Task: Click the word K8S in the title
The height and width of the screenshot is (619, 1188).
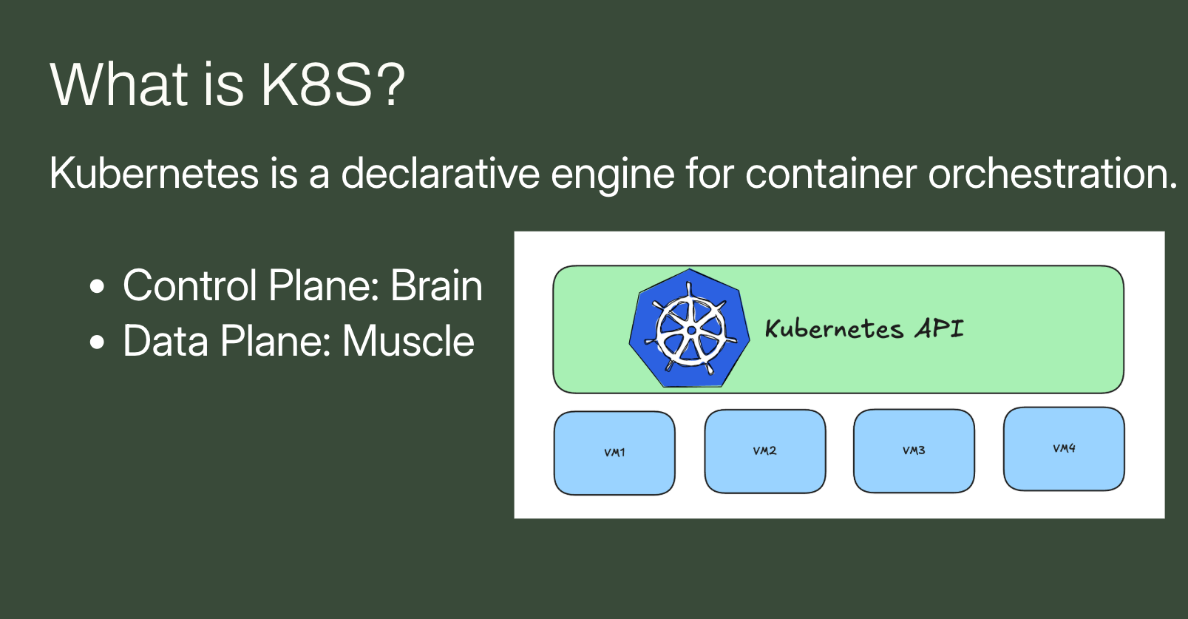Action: point(316,84)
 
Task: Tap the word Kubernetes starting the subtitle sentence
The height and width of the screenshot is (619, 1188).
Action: point(154,173)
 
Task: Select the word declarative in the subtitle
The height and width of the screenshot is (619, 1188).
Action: point(440,173)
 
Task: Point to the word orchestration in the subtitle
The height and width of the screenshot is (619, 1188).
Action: point(1053,173)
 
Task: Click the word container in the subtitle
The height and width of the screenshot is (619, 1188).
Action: point(831,173)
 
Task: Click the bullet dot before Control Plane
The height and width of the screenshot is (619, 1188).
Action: point(97,286)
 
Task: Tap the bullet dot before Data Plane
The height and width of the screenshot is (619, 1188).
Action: point(97,342)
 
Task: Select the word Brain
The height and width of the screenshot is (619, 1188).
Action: point(436,286)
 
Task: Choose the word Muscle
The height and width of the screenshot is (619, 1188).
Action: point(408,341)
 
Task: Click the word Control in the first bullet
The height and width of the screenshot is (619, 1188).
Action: point(190,286)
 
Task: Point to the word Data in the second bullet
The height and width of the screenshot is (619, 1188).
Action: point(166,341)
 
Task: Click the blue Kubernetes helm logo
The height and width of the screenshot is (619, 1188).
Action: point(690,328)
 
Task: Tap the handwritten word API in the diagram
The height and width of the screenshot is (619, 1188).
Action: point(939,328)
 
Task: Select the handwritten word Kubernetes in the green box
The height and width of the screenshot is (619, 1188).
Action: point(834,329)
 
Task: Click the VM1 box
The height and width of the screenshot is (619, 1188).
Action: point(614,453)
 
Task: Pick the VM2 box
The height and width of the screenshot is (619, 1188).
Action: point(765,451)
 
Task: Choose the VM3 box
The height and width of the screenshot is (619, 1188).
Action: point(914,451)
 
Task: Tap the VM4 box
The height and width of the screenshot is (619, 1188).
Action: point(1064,449)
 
